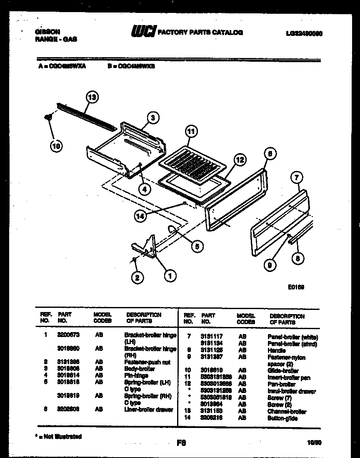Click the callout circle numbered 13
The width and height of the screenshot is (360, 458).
coord(92,97)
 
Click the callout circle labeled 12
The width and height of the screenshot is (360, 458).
coord(240,159)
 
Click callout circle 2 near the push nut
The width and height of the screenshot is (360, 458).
coord(137,277)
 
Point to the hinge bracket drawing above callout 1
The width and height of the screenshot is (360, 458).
coord(146,246)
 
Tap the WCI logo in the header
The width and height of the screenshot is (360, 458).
coord(143,32)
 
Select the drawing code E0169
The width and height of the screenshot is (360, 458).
coord(296,287)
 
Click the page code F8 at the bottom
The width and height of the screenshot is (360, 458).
coord(181,444)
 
